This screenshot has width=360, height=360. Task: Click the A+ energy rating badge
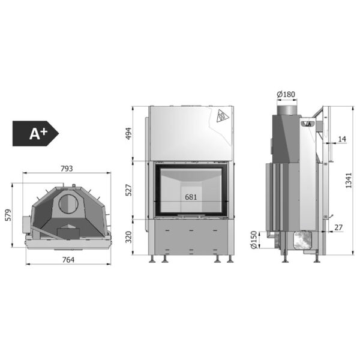tap(35, 134)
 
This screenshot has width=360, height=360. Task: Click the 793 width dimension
tap(67, 169)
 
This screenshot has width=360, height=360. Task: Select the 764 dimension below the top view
tap(68, 260)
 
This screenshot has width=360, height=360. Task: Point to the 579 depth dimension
tap(8, 215)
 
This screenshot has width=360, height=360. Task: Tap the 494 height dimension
tap(128, 133)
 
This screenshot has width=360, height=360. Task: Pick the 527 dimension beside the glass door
tap(129, 190)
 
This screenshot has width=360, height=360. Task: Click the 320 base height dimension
tap(129, 237)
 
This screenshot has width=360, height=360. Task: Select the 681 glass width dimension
tap(191, 197)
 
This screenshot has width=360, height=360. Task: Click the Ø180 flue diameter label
tap(286, 94)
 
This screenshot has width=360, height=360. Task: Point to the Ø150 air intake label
tap(254, 239)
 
